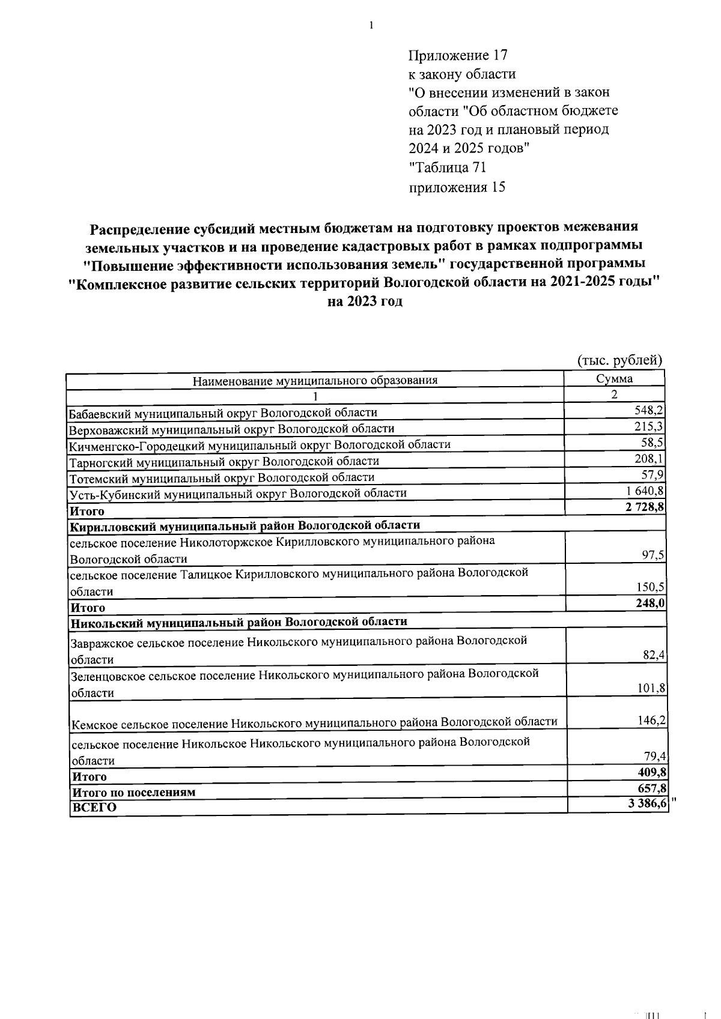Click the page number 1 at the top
point(372,25)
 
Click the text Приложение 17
point(458,56)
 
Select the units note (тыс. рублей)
point(619,360)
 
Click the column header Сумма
point(614,379)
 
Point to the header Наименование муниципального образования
point(315,380)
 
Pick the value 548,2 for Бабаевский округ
point(649,411)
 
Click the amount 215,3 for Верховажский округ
point(649,427)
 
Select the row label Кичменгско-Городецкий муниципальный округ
point(260,445)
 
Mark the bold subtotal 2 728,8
point(644,507)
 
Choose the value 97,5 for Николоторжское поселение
point(653,555)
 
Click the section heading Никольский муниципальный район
point(239,622)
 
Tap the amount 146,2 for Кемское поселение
point(652,719)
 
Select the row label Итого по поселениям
point(133,792)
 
